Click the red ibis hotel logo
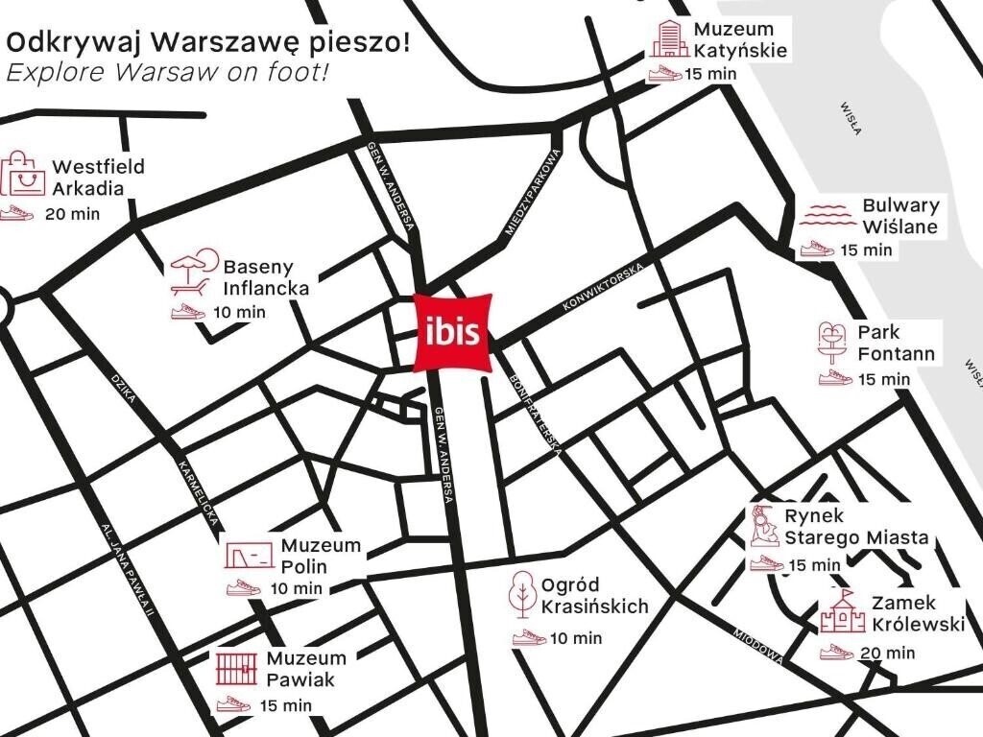click(x=453, y=332)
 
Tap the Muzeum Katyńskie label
click(x=740, y=39)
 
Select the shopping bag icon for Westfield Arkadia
click(x=23, y=174)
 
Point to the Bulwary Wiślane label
click(x=899, y=216)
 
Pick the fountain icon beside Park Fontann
click(x=831, y=341)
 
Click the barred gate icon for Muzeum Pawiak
click(x=235, y=667)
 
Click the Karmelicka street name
click(x=200, y=496)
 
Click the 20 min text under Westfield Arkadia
click(x=71, y=213)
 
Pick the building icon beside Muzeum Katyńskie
click(x=665, y=39)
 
